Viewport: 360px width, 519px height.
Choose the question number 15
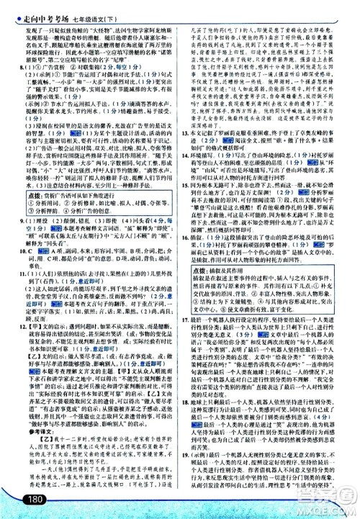(184, 187)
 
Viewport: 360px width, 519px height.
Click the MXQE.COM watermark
(330, 503)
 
